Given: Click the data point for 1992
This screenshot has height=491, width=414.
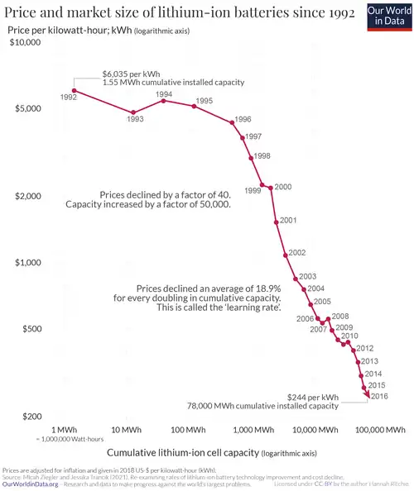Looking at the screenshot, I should coord(75,91).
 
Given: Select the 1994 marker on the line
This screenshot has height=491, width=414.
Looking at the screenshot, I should coord(163,100).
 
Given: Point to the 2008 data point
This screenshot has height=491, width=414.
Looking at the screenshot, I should coord(329,318).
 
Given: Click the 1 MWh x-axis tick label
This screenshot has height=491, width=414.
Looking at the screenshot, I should coord(65,430).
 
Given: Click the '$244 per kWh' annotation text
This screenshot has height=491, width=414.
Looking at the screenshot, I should coord(312,397).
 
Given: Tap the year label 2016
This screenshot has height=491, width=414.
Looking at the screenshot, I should coord(378,397).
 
